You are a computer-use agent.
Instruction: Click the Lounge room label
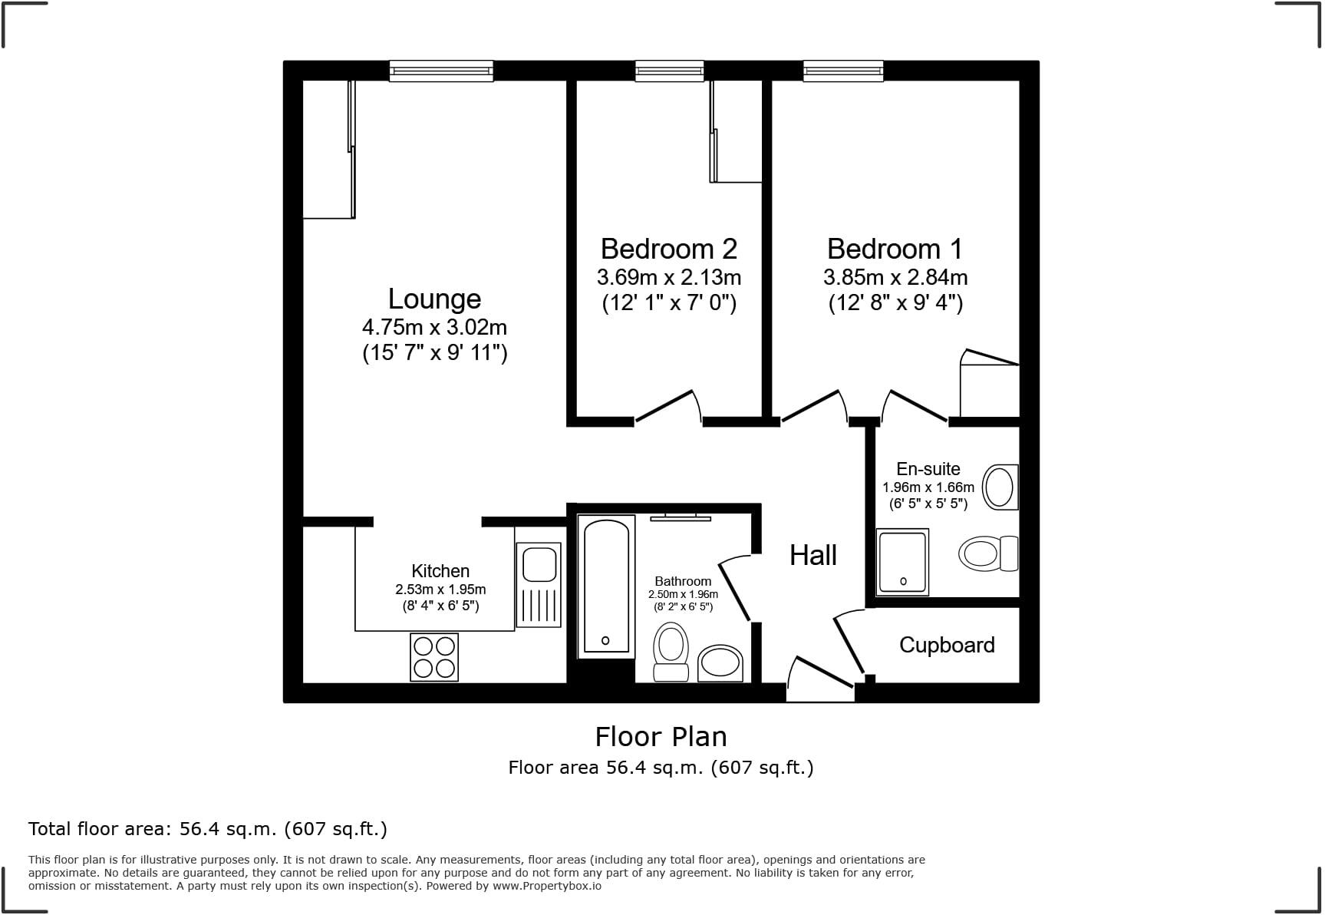click(x=434, y=299)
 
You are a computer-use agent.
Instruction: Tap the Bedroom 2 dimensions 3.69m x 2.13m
click(x=668, y=276)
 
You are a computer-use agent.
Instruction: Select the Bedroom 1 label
click(x=895, y=249)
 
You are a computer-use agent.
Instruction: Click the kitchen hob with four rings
click(x=434, y=657)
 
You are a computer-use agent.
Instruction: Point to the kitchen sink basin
click(x=539, y=565)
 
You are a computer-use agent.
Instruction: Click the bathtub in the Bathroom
click(x=606, y=586)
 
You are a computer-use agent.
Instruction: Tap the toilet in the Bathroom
click(x=671, y=651)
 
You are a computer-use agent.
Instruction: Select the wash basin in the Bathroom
click(x=720, y=662)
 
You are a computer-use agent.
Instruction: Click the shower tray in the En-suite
click(x=902, y=562)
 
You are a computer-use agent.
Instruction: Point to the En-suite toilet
click(x=986, y=553)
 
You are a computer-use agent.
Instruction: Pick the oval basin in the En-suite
click(x=1000, y=487)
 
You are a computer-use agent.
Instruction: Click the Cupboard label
click(x=947, y=645)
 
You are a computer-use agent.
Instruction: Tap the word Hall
click(x=812, y=555)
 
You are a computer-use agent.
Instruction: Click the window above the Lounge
click(x=440, y=71)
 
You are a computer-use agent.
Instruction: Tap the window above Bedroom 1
click(x=842, y=71)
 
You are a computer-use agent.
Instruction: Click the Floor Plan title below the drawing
click(x=661, y=737)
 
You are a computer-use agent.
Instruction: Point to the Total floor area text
click(x=207, y=829)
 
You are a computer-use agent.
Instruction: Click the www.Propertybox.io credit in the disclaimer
click(x=546, y=886)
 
